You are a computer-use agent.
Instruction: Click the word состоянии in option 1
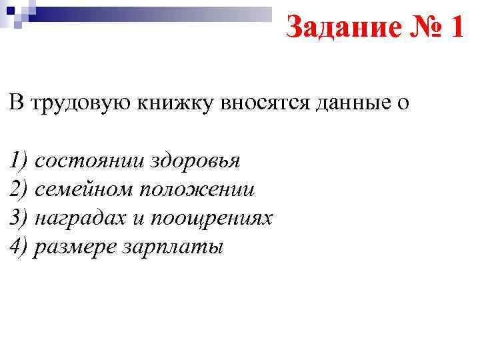[90, 161]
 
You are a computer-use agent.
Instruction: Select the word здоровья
[196, 162]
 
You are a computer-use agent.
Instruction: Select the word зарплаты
[173, 248]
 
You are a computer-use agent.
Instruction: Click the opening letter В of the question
[16, 103]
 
